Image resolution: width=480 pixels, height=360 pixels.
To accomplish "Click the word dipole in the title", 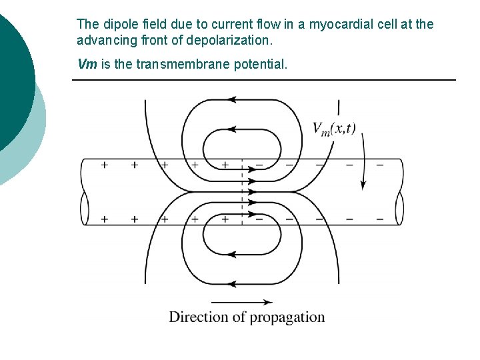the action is (x=116, y=25).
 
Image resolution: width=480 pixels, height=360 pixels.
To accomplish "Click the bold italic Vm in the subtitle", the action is (x=87, y=65).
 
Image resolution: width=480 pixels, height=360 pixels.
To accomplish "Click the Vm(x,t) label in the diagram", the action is (x=333, y=129).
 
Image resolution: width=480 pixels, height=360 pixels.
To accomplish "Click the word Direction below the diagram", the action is (x=195, y=317).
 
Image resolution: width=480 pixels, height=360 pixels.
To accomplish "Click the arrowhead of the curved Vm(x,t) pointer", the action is (x=363, y=183).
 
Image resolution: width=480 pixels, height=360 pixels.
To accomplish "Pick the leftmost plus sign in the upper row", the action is (x=104, y=165).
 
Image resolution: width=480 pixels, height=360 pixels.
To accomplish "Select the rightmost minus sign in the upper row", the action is (x=379, y=165).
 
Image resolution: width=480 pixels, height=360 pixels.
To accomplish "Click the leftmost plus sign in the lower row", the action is (x=104, y=219).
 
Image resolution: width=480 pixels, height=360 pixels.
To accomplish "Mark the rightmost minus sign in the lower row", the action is (x=379, y=219).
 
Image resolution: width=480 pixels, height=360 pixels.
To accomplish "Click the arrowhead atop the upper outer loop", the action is (x=233, y=100).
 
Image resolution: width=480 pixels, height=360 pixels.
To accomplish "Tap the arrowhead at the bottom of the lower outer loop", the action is (x=233, y=283).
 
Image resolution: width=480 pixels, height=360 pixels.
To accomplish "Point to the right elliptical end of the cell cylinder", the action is (x=400, y=209).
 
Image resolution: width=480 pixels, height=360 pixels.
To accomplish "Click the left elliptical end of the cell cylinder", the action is (x=85, y=208).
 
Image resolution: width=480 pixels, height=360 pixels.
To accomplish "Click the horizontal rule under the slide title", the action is (x=263, y=80).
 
